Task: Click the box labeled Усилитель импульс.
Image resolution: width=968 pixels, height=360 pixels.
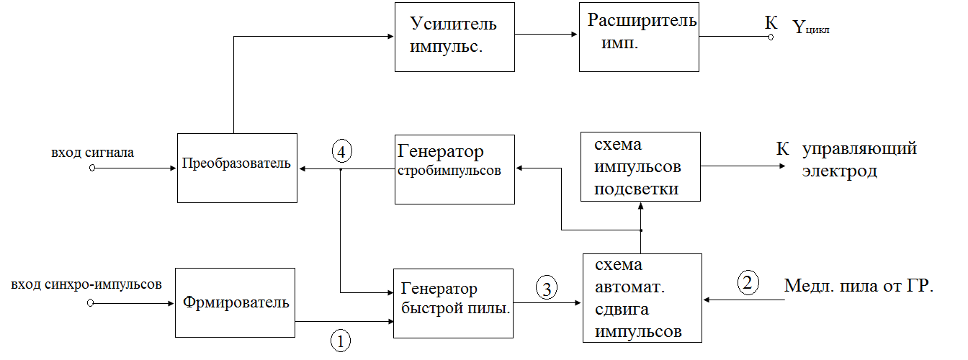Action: click(454, 37)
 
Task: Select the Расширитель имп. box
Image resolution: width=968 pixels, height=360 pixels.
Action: click(639, 37)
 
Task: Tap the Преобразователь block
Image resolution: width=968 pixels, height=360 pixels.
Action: click(237, 168)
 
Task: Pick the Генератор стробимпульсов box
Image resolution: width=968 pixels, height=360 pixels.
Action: click(454, 169)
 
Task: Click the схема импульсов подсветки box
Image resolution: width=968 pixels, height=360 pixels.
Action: click(640, 167)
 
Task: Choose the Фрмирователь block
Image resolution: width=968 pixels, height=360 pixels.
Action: click(235, 302)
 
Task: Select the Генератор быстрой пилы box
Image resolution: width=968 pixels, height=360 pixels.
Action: click(453, 303)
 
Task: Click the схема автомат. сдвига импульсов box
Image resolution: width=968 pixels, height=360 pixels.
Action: click(642, 298)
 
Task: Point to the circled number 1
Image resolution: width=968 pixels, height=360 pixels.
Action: click(341, 341)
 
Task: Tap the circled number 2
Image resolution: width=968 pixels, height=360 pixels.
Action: click(748, 283)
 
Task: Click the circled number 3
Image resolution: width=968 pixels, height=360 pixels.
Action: click(547, 288)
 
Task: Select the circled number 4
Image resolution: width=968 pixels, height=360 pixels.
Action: click(342, 152)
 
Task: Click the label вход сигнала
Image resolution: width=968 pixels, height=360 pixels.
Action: click(92, 153)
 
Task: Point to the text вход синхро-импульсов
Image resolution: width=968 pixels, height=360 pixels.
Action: click(86, 285)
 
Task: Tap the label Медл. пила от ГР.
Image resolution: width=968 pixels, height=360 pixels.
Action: click(859, 286)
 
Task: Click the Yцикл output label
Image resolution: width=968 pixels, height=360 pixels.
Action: click(811, 27)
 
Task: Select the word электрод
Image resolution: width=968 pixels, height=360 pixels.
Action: click(840, 171)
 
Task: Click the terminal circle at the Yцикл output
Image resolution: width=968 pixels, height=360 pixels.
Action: click(771, 37)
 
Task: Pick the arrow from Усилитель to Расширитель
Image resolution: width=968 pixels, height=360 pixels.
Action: click(546, 34)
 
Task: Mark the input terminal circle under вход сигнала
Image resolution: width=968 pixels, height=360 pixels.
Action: click(92, 168)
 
